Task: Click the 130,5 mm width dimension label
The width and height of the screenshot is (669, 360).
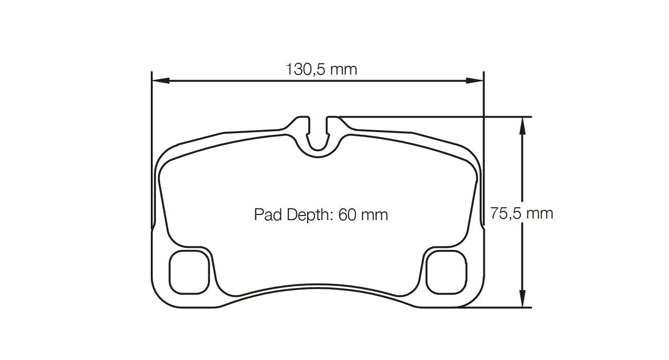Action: [x=321, y=69]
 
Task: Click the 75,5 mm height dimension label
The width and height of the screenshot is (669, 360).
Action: [x=521, y=213]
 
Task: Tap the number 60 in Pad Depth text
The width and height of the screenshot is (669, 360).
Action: [x=347, y=214]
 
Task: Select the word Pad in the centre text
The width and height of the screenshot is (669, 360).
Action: [x=265, y=214]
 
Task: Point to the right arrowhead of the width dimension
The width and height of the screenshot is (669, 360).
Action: [x=474, y=80]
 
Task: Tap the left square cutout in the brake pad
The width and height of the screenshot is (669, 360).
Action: [x=189, y=272]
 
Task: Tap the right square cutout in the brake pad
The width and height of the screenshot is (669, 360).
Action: [x=447, y=272]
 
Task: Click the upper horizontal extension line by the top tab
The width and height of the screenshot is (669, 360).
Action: [x=437, y=117]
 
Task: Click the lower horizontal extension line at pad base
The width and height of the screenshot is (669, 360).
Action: [x=494, y=308]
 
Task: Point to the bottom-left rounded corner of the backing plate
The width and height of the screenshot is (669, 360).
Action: [x=160, y=298]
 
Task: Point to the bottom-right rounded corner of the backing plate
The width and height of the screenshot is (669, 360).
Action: [x=476, y=298]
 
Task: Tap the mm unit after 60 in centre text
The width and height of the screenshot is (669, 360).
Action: [x=374, y=214]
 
